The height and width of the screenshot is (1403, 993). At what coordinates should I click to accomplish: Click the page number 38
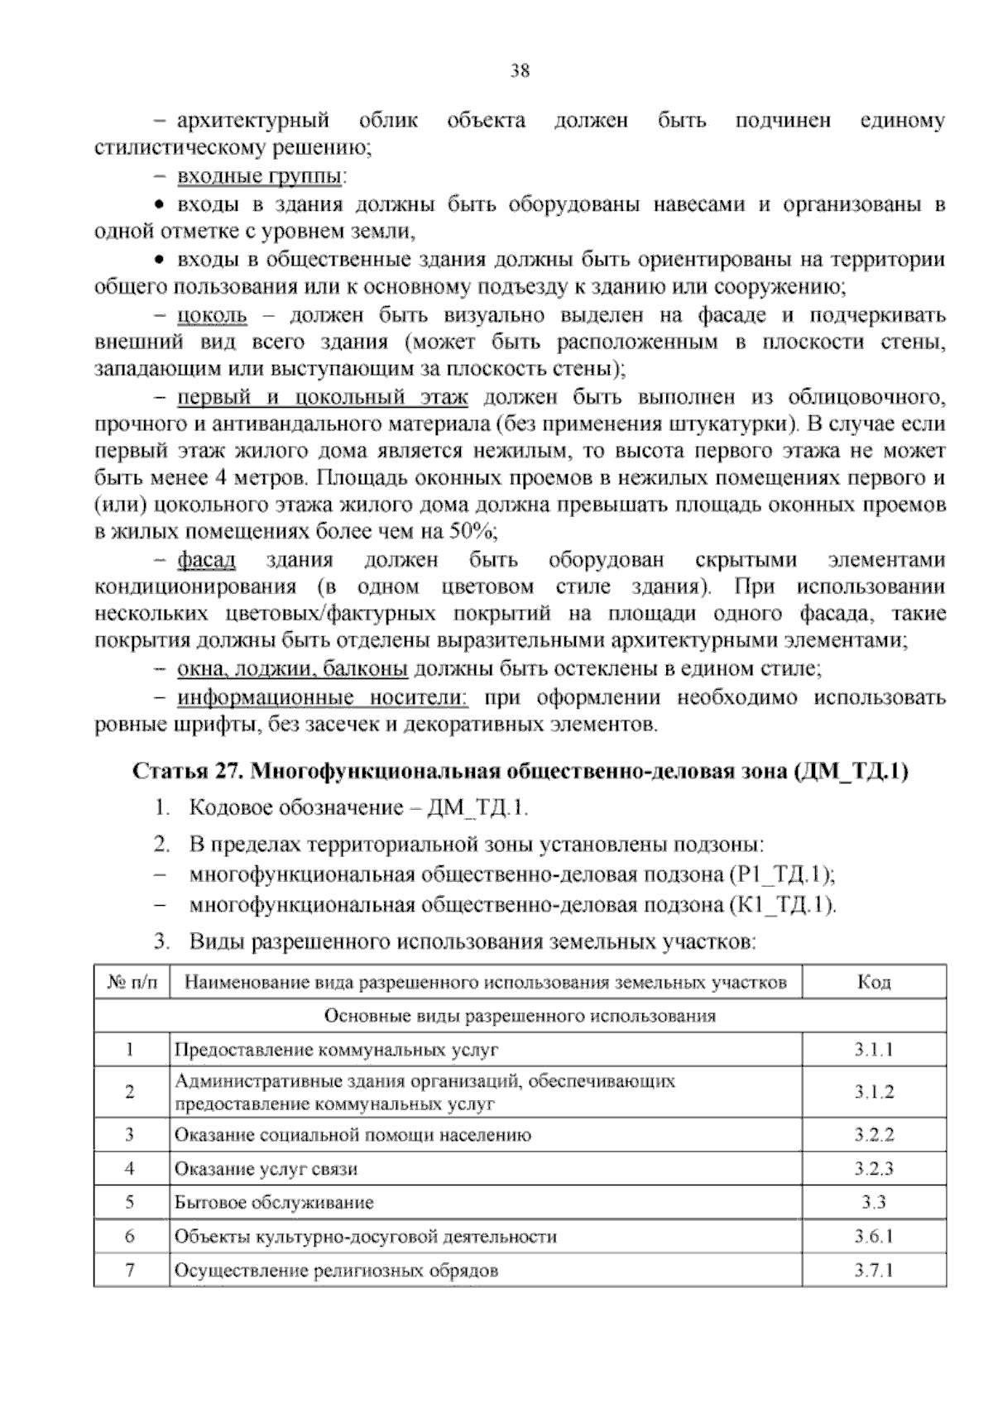[520, 71]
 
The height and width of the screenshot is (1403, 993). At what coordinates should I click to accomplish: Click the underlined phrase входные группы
[261, 177]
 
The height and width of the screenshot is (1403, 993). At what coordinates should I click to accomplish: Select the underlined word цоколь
[212, 315]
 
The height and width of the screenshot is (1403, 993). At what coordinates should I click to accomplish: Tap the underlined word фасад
[207, 560]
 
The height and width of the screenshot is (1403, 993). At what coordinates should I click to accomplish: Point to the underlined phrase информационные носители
[323, 698]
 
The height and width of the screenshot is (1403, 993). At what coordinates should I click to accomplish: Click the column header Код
[874, 982]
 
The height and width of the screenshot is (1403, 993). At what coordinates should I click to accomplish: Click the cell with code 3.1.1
[874, 1050]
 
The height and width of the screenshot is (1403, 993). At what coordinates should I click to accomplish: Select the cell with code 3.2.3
[874, 1169]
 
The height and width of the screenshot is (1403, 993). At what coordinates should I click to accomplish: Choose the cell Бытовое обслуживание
[274, 1203]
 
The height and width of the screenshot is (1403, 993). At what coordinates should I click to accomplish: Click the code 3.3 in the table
[874, 1203]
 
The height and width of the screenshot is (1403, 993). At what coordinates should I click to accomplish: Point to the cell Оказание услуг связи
[266, 1169]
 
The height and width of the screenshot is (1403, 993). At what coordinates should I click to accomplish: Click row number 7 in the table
[130, 1270]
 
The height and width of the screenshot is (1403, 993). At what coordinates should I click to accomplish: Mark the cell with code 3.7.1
[874, 1270]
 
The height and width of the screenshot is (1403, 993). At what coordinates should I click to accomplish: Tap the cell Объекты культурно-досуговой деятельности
[365, 1237]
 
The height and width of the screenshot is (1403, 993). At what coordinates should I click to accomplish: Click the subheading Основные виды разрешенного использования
[520, 1016]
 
